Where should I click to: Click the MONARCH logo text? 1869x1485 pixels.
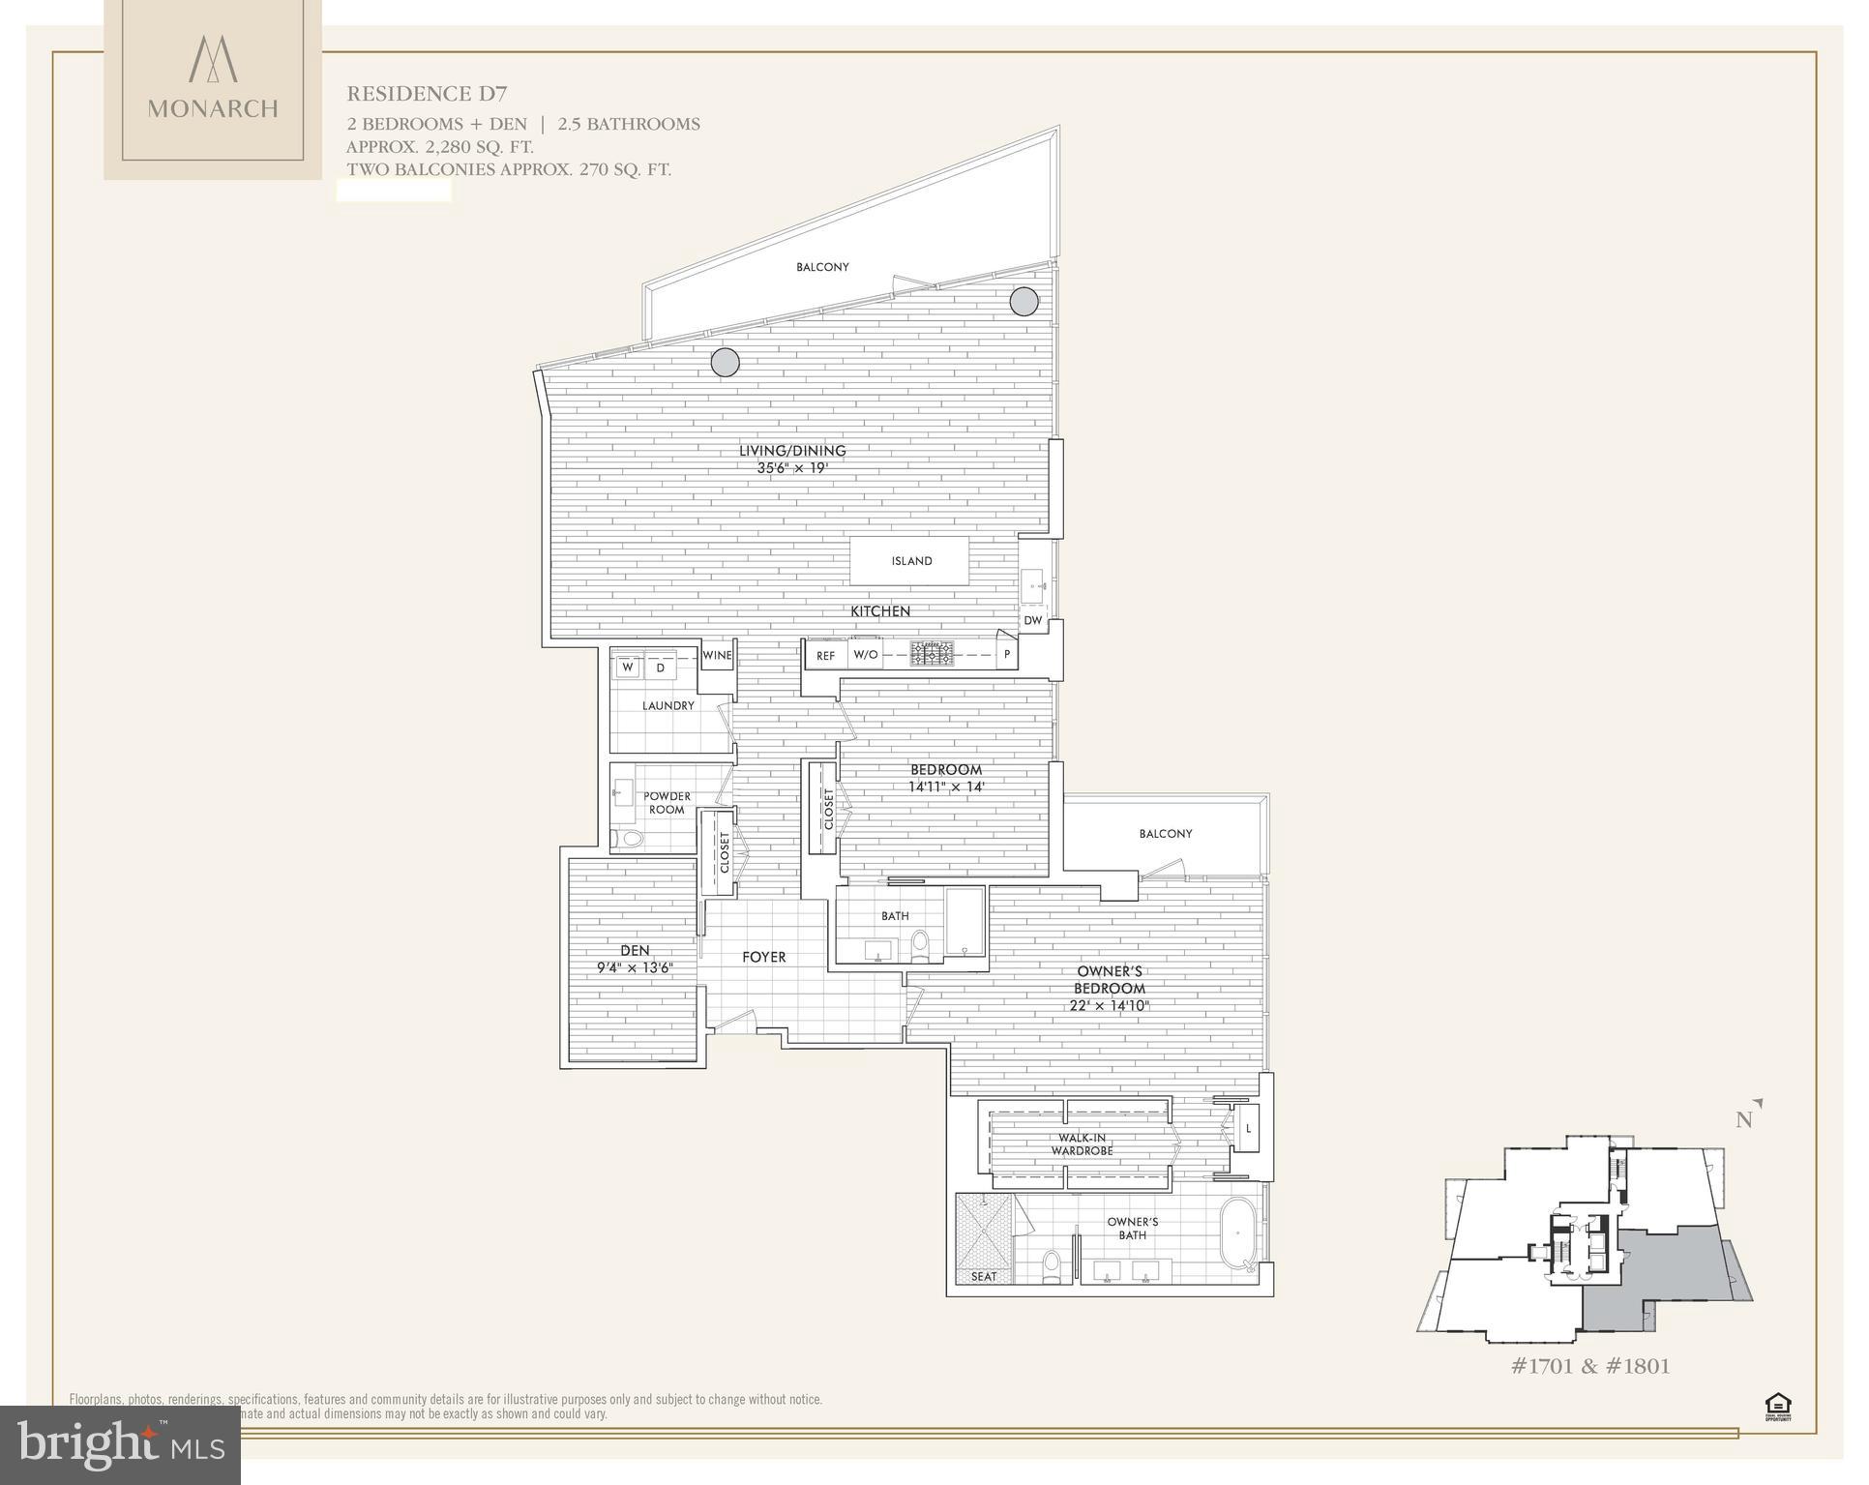213,108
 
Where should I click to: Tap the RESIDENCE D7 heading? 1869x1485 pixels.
427,94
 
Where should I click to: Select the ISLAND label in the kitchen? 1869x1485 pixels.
911,561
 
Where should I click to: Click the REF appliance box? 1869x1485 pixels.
825,656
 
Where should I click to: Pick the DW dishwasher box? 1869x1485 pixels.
1032,621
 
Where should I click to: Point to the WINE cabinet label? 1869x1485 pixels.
717,656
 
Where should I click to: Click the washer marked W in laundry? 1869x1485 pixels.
628,668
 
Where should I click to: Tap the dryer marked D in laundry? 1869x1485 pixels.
661,668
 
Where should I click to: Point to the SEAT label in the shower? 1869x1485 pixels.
983,1276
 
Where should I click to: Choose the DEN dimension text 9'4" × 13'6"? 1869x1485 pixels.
635,967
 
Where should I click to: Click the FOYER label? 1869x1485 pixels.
763,957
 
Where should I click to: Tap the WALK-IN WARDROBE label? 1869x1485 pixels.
1083,1144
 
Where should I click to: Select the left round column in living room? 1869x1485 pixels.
725,363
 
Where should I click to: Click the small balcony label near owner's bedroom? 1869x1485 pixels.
1165,834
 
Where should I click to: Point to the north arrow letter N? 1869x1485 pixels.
1744,1120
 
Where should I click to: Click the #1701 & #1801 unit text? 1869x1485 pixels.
1590,1366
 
